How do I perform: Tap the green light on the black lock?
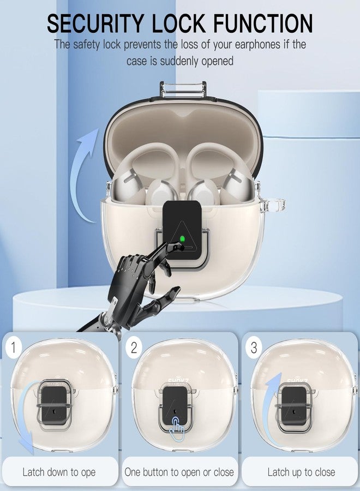click(x=182, y=239)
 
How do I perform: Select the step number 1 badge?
click(x=13, y=348)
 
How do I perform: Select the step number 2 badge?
click(x=134, y=348)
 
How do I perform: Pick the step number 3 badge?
click(x=254, y=348)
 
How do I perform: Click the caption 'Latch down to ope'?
click(x=59, y=472)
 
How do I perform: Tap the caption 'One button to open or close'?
click(x=179, y=472)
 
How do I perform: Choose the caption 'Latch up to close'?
click(x=301, y=472)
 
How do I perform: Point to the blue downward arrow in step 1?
click(x=22, y=416)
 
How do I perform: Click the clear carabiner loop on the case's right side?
click(x=276, y=204)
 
